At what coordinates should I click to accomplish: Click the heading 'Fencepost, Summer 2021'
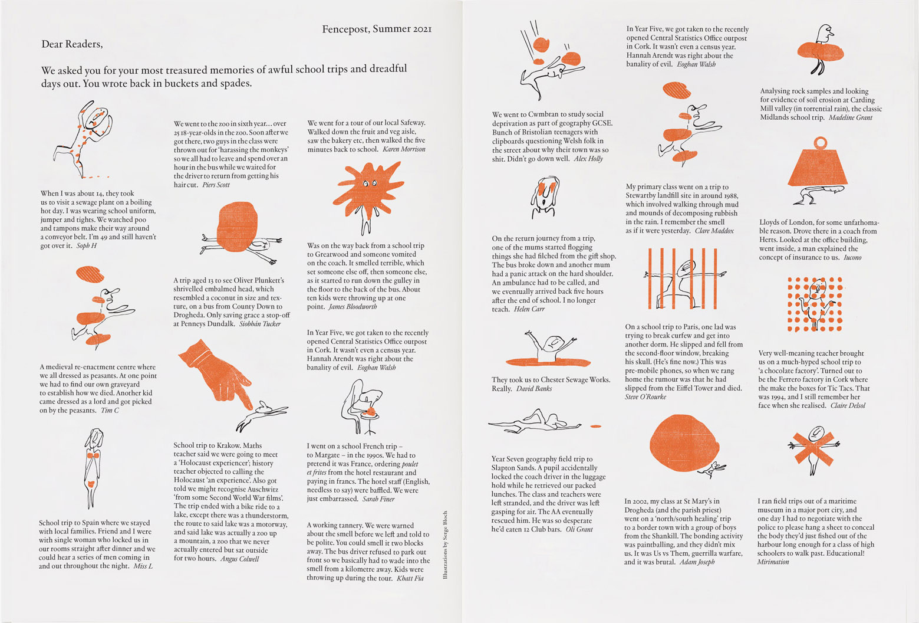coord(377,29)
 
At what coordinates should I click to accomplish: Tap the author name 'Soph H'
coord(87,245)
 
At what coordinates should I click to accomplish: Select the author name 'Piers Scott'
coord(216,185)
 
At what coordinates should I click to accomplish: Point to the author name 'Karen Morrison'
coord(404,149)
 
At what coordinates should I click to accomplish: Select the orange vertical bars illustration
coord(681,277)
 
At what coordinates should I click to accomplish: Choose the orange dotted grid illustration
coord(815,304)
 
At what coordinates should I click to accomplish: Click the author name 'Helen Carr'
coord(529,309)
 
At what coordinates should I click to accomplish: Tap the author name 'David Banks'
coord(534,389)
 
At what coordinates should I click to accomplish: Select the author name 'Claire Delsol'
coord(848,406)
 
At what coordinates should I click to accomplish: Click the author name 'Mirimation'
coord(773,562)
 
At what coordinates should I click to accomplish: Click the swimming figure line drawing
coord(535,422)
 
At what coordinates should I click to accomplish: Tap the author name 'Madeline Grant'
coord(850,118)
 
